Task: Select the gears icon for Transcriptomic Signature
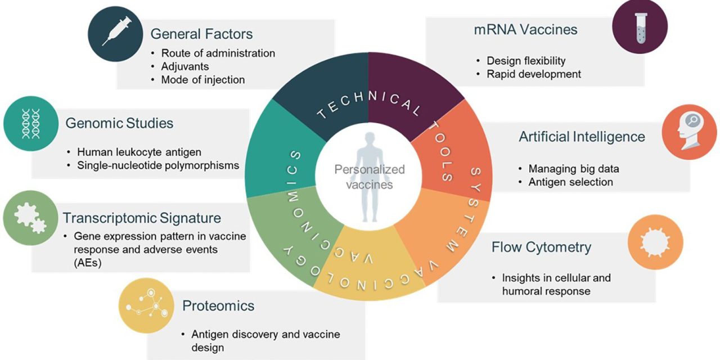30,218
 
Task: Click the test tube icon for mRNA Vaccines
640,26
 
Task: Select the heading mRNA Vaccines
525,30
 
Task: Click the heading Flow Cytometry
541,247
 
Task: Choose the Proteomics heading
218,306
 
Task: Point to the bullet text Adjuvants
185,66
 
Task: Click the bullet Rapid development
534,74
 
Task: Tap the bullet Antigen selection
570,182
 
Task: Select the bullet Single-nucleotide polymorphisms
158,165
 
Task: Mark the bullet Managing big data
573,169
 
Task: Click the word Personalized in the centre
370,169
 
